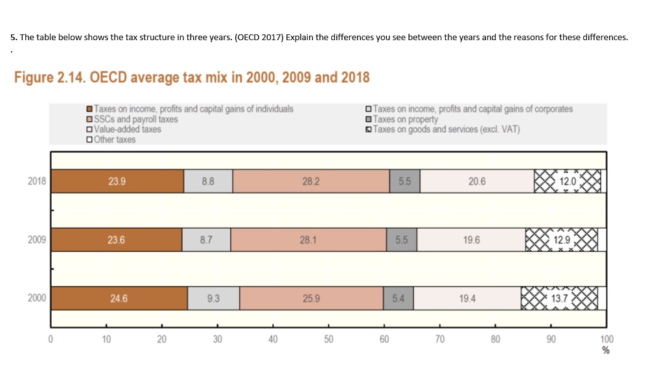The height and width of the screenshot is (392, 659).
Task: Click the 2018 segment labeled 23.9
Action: [x=117, y=182]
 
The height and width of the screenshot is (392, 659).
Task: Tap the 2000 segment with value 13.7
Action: [x=559, y=298]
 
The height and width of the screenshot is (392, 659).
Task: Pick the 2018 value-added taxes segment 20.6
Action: [x=476, y=182]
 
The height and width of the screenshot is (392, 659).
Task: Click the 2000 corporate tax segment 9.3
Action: [x=213, y=298]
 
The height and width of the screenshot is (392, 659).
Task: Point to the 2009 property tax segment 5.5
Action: [x=401, y=240]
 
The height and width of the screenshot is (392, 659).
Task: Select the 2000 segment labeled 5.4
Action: [x=398, y=298]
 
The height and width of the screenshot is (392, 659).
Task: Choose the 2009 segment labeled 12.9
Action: [x=561, y=240]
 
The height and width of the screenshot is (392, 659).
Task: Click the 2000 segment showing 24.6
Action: [x=119, y=298]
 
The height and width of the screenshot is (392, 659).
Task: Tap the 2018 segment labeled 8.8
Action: [x=208, y=182]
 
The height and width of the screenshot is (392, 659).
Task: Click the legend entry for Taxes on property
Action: [x=405, y=119]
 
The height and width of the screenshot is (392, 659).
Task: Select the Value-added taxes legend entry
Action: [x=127, y=129]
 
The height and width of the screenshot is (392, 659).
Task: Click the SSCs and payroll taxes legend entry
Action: [x=135, y=119]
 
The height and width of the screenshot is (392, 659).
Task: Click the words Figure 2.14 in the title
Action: [x=49, y=78]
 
